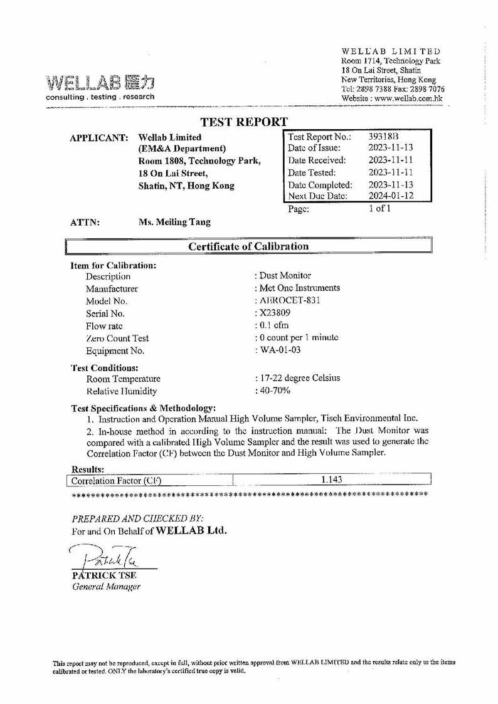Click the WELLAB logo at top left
tap(100, 82)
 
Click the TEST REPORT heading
tap(244, 122)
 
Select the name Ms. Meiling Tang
tap(174, 222)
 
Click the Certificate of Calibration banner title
tap(249, 246)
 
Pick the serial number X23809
tap(274, 313)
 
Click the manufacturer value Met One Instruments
tap(299, 288)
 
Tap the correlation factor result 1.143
tap(331, 480)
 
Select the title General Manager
tap(107, 586)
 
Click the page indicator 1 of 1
tap(379, 209)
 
